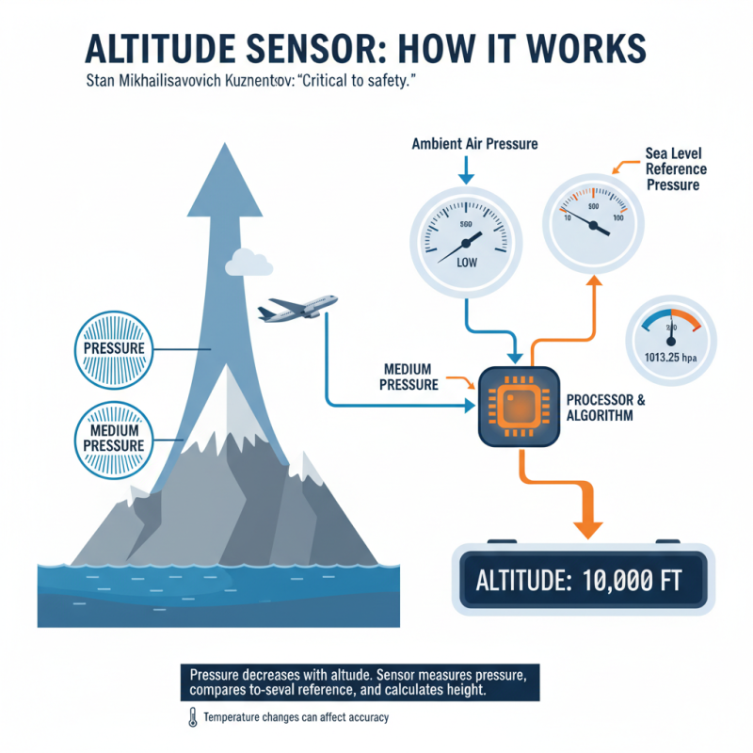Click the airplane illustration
[297, 310]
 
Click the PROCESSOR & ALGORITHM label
[605, 408]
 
